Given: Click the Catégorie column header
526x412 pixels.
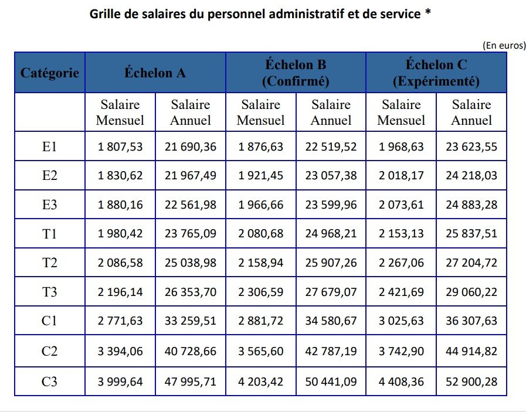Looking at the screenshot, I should pyautogui.click(x=50, y=73).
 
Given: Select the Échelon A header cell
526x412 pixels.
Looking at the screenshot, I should pyautogui.click(x=155, y=73).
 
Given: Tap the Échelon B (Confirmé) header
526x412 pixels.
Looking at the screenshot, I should pyautogui.click(x=296, y=73).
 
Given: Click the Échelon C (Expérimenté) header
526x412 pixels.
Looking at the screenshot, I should pyautogui.click(x=436, y=73).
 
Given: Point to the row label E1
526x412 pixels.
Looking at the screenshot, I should pyautogui.click(x=50, y=147).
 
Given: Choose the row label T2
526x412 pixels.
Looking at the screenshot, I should pyautogui.click(x=50, y=263).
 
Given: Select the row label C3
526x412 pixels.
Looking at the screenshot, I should pyautogui.click(x=50, y=382).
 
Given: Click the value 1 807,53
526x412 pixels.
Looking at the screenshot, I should pyautogui.click(x=120, y=147).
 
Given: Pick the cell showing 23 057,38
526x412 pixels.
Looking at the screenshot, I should pyautogui.click(x=331, y=175).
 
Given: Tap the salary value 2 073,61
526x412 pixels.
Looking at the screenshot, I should pyautogui.click(x=401, y=205).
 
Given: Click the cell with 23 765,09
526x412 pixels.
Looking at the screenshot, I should pyautogui.click(x=191, y=233).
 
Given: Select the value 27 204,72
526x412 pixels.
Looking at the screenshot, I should pyautogui.click(x=471, y=263).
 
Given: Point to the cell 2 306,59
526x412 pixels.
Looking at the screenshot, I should pyautogui.click(x=260, y=291).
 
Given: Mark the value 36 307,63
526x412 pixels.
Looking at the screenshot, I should pyautogui.click(x=471, y=321).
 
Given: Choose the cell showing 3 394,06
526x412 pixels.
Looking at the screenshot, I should pyautogui.click(x=120, y=352).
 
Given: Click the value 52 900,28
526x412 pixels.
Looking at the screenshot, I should pyautogui.click(x=471, y=382).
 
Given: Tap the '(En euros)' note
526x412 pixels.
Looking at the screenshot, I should pyautogui.click(x=503, y=45).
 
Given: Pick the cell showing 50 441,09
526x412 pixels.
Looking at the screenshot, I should pyautogui.click(x=331, y=382).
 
